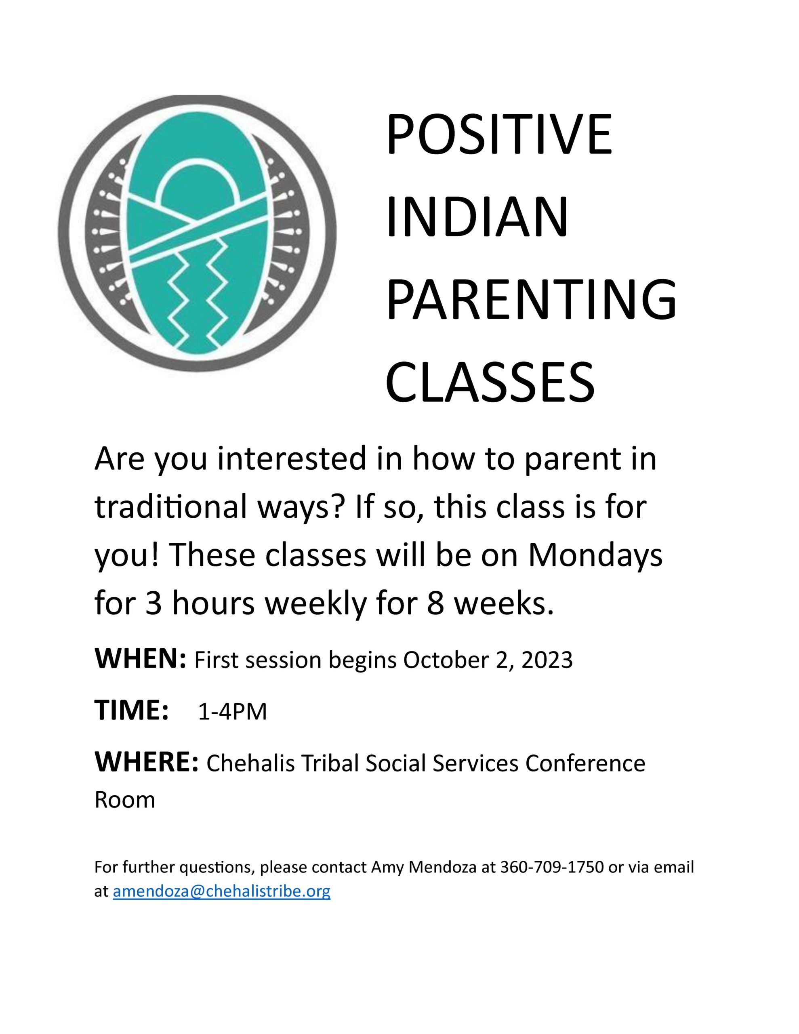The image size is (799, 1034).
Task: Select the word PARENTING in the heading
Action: pos(532,301)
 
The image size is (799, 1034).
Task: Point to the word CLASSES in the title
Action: pos(490,383)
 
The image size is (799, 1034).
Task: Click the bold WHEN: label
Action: pos(140,660)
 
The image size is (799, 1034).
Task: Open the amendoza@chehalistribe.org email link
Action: pos(222,891)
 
